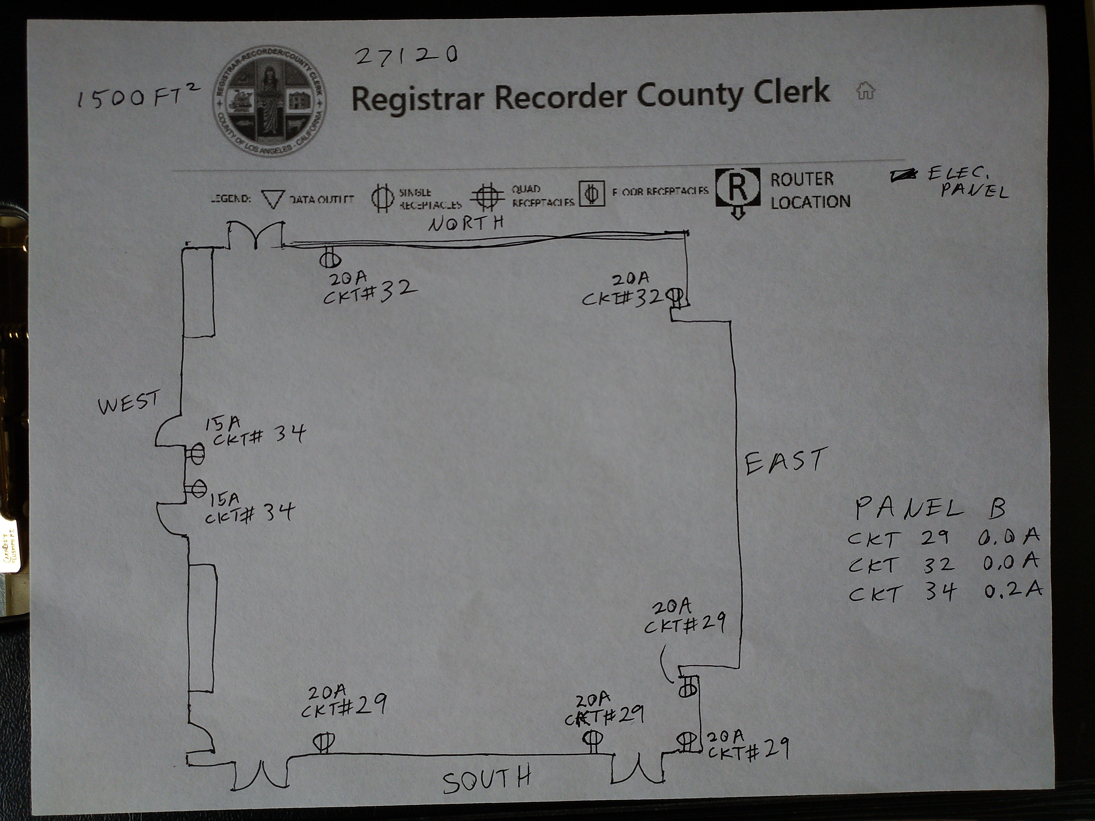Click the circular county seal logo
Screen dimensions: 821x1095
(270, 102)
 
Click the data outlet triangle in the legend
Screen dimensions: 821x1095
(273, 198)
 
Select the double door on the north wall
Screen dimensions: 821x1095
(256, 236)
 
